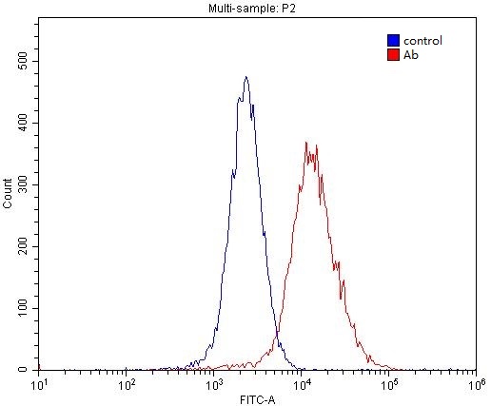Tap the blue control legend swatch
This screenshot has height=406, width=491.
392,41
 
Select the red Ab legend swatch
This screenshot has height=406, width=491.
392,55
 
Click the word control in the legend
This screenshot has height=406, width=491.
422,41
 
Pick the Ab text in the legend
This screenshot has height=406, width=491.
410,55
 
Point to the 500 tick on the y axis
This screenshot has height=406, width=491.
23,61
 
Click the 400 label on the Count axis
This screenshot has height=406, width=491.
23,123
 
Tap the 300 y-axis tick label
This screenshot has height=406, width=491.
23,184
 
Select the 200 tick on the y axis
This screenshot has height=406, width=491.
23,246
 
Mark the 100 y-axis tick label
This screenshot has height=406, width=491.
23,308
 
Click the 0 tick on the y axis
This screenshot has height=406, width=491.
29,369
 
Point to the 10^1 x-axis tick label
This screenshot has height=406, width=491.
39,384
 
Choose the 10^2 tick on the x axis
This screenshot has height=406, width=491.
127,384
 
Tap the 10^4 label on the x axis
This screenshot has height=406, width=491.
302,384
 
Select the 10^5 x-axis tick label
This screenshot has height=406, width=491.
389,384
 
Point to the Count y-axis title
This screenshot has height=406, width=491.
8,193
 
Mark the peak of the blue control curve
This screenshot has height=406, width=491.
245,77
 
